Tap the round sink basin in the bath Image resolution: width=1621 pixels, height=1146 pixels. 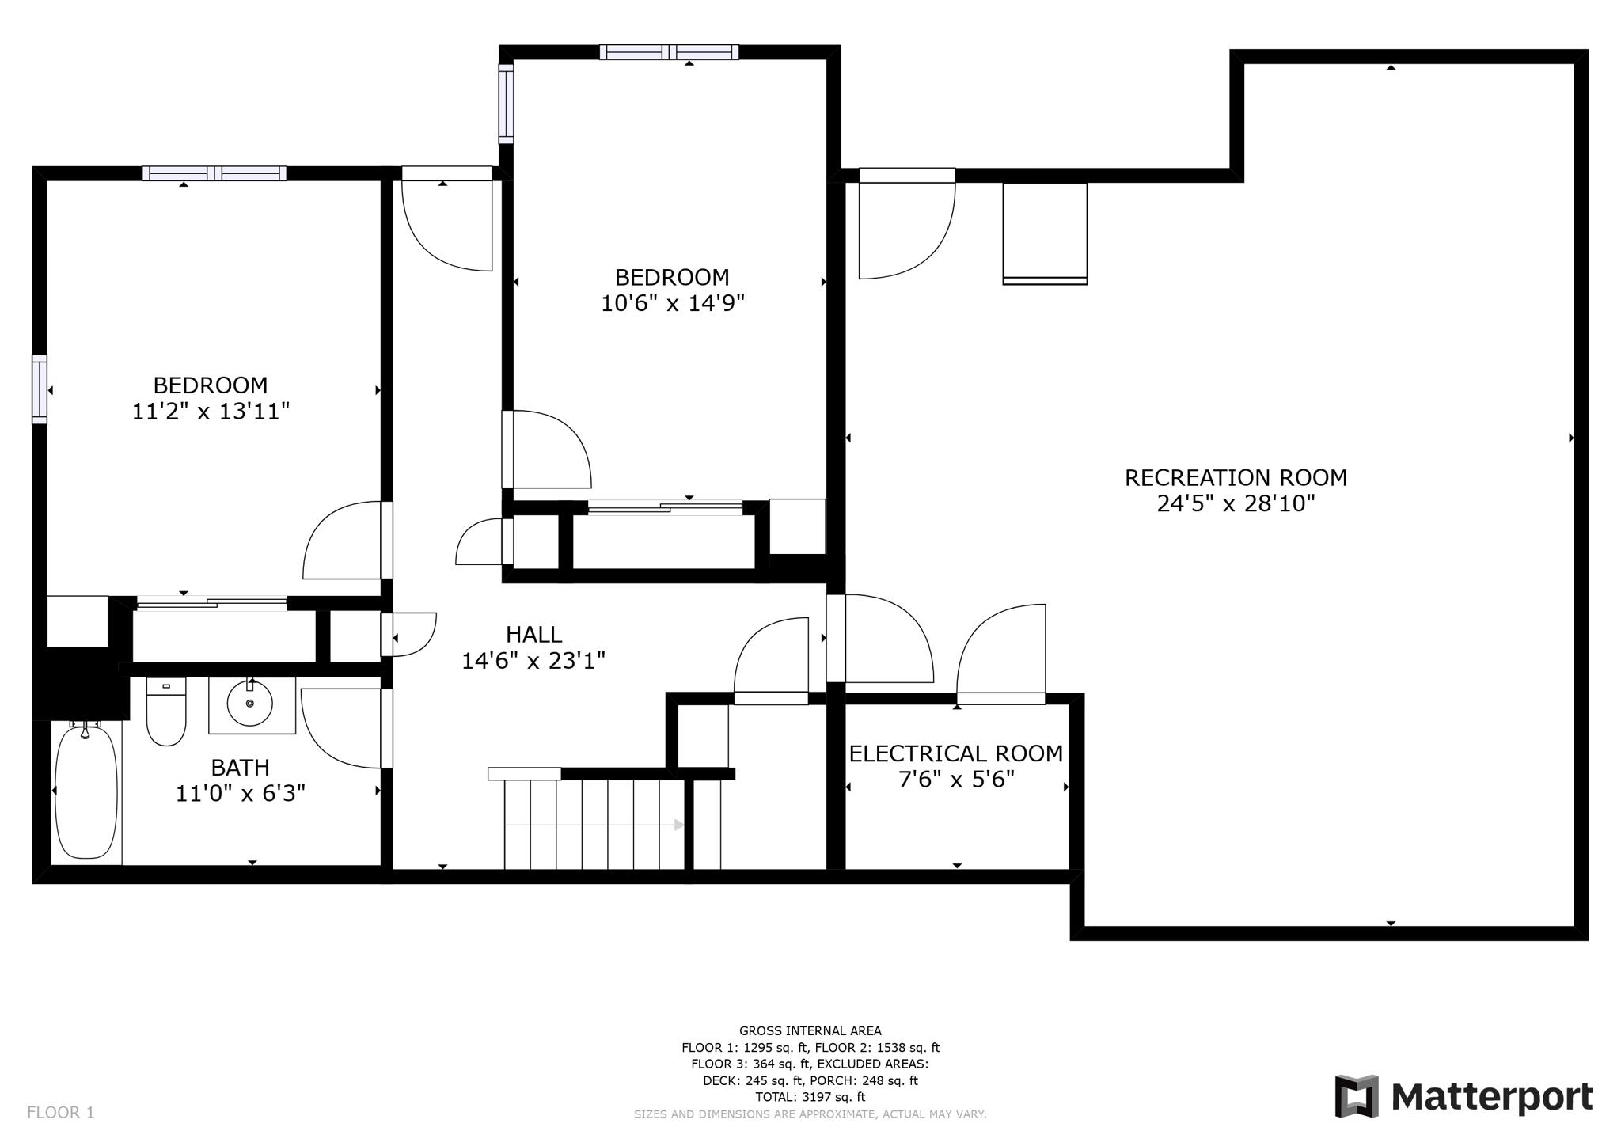pos(250,702)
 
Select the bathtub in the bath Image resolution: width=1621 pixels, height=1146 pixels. pos(86,791)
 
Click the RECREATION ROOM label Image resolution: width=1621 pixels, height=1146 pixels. pos(1236,477)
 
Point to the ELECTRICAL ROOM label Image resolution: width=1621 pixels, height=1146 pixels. pos(955,753)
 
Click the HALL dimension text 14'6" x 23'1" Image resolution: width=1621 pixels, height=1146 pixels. pos(533,660)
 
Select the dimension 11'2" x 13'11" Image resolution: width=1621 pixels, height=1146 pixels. pos(211,412)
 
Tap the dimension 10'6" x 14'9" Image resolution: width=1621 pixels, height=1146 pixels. pos(672,303)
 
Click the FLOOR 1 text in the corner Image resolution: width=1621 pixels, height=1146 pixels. pos(61,1112)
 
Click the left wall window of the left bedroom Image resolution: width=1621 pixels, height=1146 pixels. pos(40,389)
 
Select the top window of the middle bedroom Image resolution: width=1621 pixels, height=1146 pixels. pos(669,52)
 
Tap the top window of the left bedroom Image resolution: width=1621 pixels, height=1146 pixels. pos(214,173)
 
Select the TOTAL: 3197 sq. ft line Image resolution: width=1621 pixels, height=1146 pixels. pos(810,1097)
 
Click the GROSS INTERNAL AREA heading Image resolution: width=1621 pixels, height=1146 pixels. pos(810,1030)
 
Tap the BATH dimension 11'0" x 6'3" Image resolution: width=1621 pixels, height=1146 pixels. pos(240,793)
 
